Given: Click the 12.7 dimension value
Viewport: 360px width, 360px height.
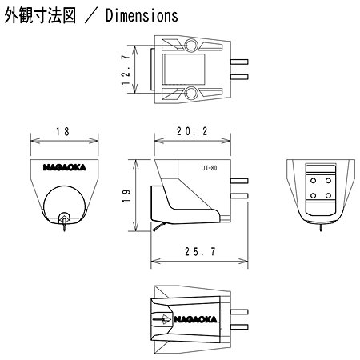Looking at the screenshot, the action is point(126,70).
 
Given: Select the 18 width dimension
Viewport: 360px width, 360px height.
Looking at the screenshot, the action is point(62,131).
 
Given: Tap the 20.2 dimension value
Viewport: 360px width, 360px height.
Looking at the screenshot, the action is point(192,131).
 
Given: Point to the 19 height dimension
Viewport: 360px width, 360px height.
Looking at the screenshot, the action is point(126,196).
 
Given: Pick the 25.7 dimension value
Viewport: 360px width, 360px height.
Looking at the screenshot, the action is point(200,251).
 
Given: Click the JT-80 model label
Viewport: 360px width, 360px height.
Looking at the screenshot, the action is point(210,168).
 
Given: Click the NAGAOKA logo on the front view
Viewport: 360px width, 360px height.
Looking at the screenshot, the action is point(65,167).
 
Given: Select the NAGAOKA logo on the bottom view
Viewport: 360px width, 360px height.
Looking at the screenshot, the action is point(195,319).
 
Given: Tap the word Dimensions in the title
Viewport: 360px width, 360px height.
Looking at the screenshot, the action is point(142,15).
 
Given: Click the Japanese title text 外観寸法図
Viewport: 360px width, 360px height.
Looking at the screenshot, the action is point(40,15).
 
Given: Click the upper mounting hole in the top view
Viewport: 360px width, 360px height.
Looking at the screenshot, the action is point(191,45).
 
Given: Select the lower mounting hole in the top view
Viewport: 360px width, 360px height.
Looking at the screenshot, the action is point(191,94).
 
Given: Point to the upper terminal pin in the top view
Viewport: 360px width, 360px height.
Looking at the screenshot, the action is point(239,62).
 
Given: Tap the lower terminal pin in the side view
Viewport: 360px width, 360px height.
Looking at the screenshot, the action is point(239,196).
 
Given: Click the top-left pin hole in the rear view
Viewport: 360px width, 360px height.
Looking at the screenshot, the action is point(314,181).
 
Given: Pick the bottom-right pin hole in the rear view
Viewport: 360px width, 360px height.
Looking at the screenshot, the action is point(328,196).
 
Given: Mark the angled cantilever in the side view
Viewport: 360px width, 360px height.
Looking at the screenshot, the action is point(159,227).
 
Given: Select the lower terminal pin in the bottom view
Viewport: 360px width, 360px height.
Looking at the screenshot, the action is point(239,327).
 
